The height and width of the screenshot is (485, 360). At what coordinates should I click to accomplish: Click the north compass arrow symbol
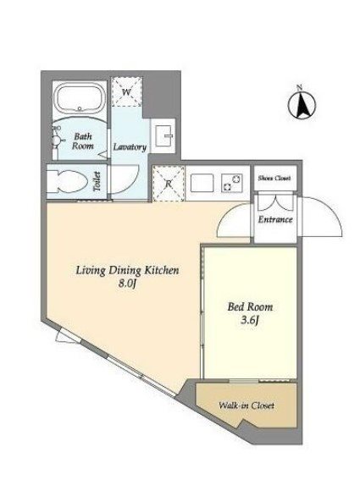(302, 103)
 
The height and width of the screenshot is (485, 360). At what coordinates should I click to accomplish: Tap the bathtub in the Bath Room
(80, 98)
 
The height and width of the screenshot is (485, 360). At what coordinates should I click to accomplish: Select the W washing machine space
(126, 92)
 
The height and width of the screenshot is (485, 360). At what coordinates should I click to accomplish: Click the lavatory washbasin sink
(163, 135)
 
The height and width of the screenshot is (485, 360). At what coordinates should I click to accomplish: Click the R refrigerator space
(169, 184)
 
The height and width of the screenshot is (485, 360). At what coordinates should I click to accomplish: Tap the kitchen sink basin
(202, 183)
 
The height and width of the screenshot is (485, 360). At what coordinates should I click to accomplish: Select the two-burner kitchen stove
(232, 183)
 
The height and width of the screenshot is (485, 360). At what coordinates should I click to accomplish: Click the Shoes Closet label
(274, 178)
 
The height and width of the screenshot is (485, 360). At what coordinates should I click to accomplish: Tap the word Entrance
(275, 219)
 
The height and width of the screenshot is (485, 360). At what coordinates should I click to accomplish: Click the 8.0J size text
(127, 284)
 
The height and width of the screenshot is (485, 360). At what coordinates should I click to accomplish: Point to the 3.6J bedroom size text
(249, 321)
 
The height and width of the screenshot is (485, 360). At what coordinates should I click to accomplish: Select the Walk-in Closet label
(246, 405)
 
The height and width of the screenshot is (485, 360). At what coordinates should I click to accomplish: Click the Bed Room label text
(250, 307)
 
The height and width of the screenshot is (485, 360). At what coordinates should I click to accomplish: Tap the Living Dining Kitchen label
(127, 270)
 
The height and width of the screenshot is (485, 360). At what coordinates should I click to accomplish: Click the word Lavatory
(130, 147)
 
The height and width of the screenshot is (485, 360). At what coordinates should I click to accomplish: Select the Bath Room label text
(83, 141)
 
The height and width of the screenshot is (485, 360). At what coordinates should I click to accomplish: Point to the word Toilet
(97, 181)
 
